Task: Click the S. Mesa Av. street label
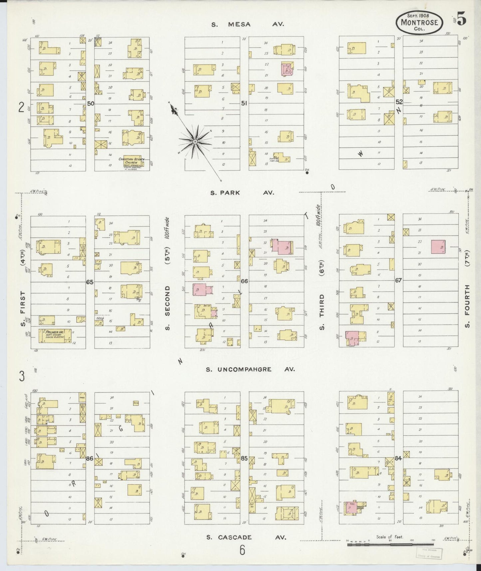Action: (248, 24)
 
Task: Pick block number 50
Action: (91, 104)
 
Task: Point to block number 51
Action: (244, 104)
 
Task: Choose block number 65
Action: (90, 282)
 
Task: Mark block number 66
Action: (244, 281)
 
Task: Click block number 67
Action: (398, 280)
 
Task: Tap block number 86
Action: (90, 459)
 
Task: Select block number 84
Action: (398, 458)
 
